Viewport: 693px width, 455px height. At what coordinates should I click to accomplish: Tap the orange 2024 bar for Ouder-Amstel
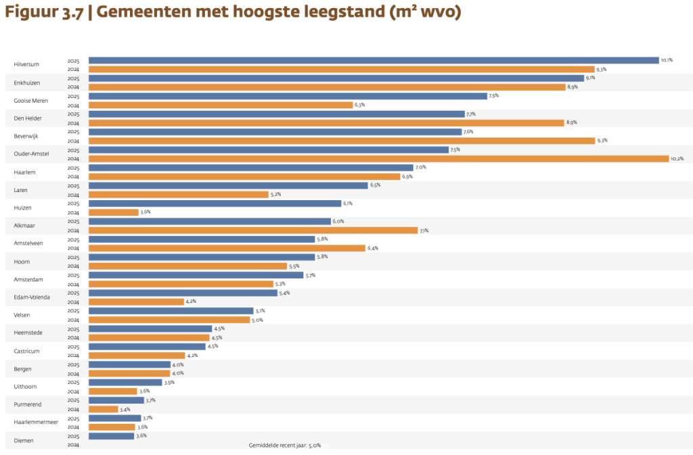coord(378,159)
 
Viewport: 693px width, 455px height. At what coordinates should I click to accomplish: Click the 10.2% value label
coord(677,159)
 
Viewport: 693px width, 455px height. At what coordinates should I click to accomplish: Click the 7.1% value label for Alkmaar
coord(424,231)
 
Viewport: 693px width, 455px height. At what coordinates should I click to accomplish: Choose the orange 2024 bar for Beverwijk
coord(341,141)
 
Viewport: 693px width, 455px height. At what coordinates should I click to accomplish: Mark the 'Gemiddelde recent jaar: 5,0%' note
coord(285,446)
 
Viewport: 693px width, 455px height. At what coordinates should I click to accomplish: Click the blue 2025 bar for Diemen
coord(111,436)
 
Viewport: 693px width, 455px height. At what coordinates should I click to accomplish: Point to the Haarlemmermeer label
coord(36,423)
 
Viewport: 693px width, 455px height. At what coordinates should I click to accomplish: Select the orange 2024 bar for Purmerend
coord(103,409)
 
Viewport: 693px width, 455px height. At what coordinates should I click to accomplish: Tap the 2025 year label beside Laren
coord(73,186)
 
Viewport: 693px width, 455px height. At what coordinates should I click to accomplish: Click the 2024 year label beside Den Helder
coord(73,123)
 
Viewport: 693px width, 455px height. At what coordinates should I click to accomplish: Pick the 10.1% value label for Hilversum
coord(667,60)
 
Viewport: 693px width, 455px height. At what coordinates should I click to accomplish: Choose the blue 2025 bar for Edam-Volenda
coord(183,293)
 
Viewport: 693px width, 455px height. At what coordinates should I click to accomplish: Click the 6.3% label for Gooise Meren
coord(360,105)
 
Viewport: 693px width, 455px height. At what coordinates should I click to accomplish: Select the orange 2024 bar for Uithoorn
coord(112,391)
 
